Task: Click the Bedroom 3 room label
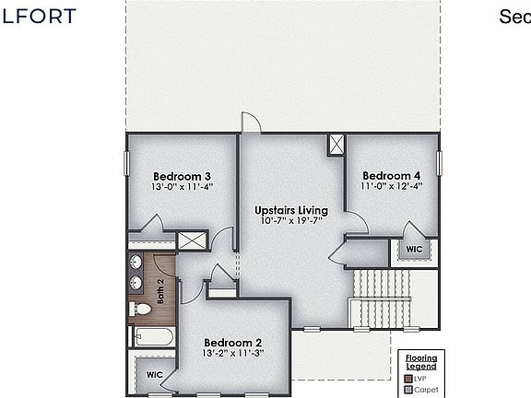point(183,176)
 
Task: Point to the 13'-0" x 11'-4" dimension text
point(183,187)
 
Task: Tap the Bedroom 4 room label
point(392,175)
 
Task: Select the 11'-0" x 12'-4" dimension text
point(392,186)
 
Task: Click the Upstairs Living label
point(291,210)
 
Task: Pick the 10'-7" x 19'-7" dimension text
point(291,221)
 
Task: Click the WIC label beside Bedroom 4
point(414,249)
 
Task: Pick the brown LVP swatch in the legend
point(408,379)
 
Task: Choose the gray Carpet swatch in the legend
point(408,389)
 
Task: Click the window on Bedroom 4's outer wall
point(440,162)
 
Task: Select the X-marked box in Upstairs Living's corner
point(336,144)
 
